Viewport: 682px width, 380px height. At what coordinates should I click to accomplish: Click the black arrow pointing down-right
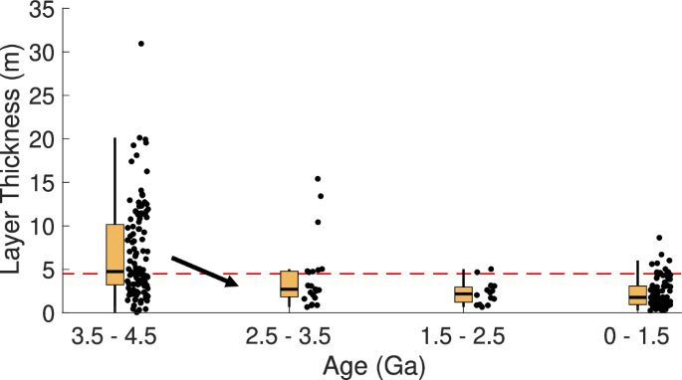click(206, 271)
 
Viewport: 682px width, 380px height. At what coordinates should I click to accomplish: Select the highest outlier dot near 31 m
click(140, 44)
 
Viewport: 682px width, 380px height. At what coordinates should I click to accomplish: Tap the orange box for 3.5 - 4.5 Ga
click(114, 255)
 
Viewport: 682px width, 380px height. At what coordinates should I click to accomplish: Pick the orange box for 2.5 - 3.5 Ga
click(289, 284)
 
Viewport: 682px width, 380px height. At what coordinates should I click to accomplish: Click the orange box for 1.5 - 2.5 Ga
click(463, 293)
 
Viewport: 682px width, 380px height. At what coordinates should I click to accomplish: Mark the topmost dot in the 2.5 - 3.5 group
click(318, 179)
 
